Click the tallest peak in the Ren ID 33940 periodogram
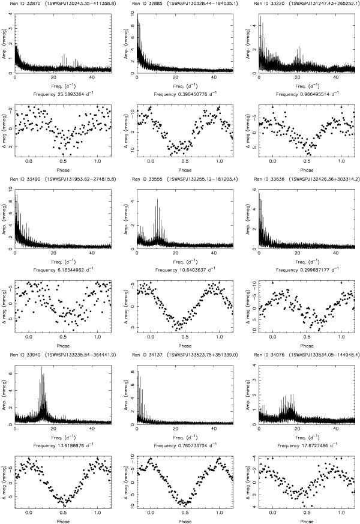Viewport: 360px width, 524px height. click(41, 368)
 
